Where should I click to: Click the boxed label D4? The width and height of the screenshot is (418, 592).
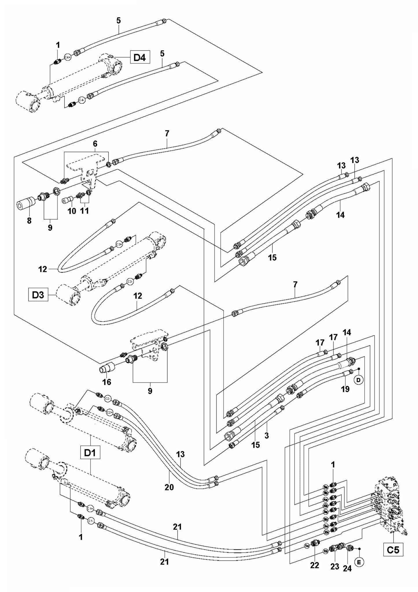(x=140, y=57)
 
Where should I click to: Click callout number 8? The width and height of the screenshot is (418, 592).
(x=29, y=221)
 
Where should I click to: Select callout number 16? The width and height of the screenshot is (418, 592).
(x=107, y=382)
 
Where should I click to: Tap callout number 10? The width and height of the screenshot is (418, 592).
(x=72, y=211)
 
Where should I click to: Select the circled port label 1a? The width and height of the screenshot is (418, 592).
(x=306, y=545)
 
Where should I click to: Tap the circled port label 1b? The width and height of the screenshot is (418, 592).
(x=325, y=551)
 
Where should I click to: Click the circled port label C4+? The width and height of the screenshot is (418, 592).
(x=67, y=57)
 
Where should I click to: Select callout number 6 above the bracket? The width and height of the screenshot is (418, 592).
(x=95, y=144)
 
